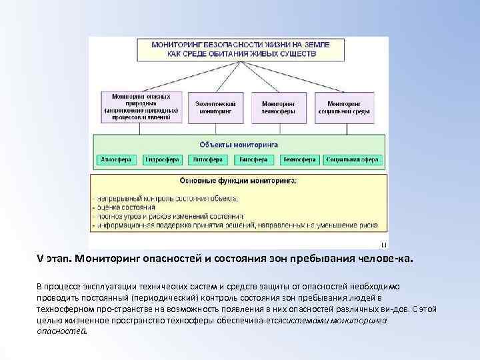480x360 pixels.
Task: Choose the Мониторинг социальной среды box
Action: [349, 107]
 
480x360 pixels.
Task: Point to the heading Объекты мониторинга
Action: [239, 144]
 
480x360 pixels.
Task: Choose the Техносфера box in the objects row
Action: [297, 160]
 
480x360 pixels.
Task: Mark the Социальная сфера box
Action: [353, 160]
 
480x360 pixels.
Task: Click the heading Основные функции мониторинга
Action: [239, 181]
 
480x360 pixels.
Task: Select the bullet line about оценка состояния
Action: [127, 207]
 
